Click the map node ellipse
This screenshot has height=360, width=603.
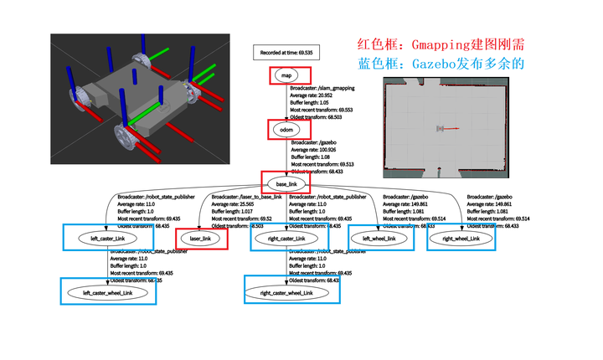click(286, 75)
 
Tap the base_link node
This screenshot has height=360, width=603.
click(286, 183)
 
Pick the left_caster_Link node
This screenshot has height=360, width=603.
click(106, 239)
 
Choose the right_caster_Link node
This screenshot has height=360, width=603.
click(287, 239)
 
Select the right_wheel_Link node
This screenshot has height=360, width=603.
click(460, 239)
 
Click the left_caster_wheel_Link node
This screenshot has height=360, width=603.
click(108, 293)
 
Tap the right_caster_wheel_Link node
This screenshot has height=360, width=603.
click(286, 293)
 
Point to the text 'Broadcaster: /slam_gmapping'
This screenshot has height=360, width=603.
click(323, 87)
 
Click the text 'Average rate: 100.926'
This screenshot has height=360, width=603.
click(318, 150)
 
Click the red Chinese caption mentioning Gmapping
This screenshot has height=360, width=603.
click(441, 44)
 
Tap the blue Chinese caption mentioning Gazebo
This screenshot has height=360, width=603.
click(441, 64)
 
